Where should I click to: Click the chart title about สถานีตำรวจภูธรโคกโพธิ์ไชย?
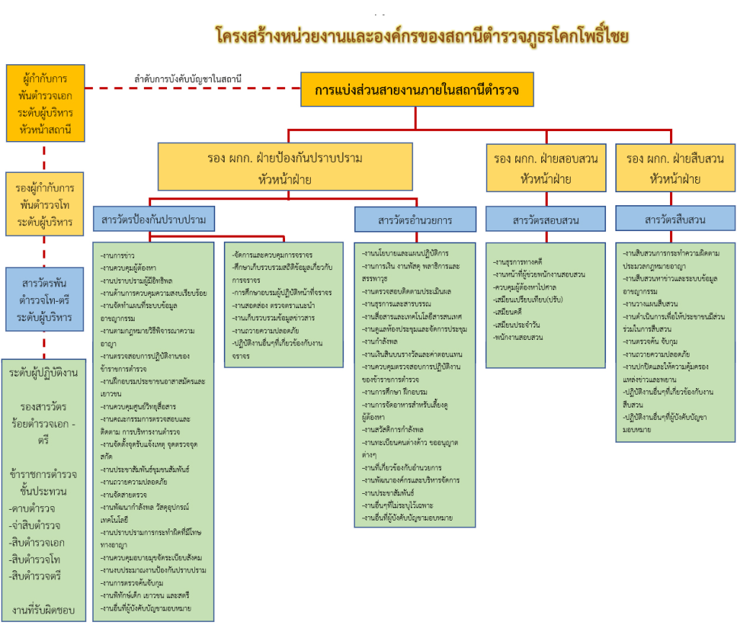[x=422, y=35]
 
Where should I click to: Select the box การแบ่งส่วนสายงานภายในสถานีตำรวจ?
[x=417, y=90]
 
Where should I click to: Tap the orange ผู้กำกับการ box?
[x=45, y=103]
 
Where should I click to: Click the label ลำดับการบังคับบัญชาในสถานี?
[x=187, y=78]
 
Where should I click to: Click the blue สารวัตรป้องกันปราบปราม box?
[x=154, y=219]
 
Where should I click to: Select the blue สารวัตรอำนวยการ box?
[x=415, y=219]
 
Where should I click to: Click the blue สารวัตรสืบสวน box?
[x=674, y=219]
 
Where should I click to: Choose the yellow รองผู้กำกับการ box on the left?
[x=45, y=204]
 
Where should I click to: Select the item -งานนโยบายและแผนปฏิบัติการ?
[x=406, y=253]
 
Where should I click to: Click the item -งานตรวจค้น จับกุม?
[x=651, y=342]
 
